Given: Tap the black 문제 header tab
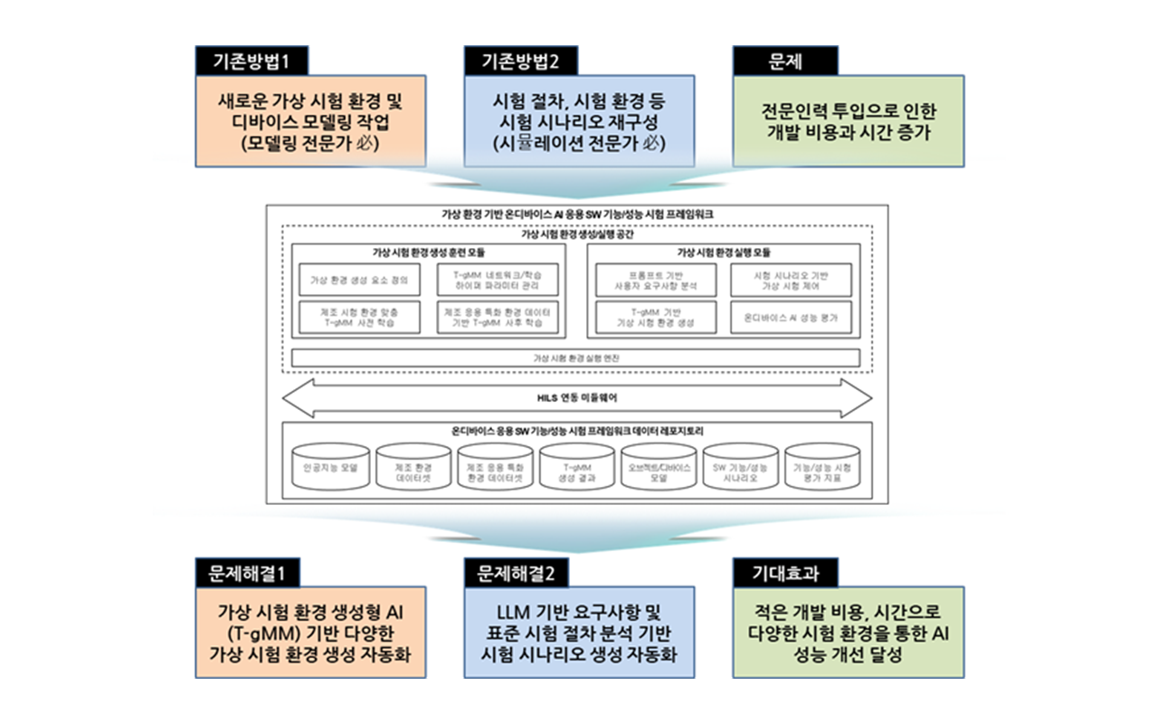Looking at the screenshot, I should [x=784, y=61].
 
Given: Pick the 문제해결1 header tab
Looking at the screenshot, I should [x=247, y=572].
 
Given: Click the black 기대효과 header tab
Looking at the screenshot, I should [x=784, y=572].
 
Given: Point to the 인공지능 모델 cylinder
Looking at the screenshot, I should [x=331, y=469].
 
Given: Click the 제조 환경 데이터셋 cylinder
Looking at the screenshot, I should [x=413, y=470].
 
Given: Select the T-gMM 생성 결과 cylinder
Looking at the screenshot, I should [x=577, y=470].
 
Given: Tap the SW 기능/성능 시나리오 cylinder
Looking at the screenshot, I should [x=740, y=470].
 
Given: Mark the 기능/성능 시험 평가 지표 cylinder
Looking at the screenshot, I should [x=821, y=470].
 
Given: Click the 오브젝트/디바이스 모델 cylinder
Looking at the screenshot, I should [x=659, y=470].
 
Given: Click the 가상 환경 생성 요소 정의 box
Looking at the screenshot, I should [x=359, y=281].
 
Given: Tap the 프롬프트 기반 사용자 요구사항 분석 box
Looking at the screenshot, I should [x=655, y=281].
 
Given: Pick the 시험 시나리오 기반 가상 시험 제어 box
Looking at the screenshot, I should [x=791, y=281].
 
